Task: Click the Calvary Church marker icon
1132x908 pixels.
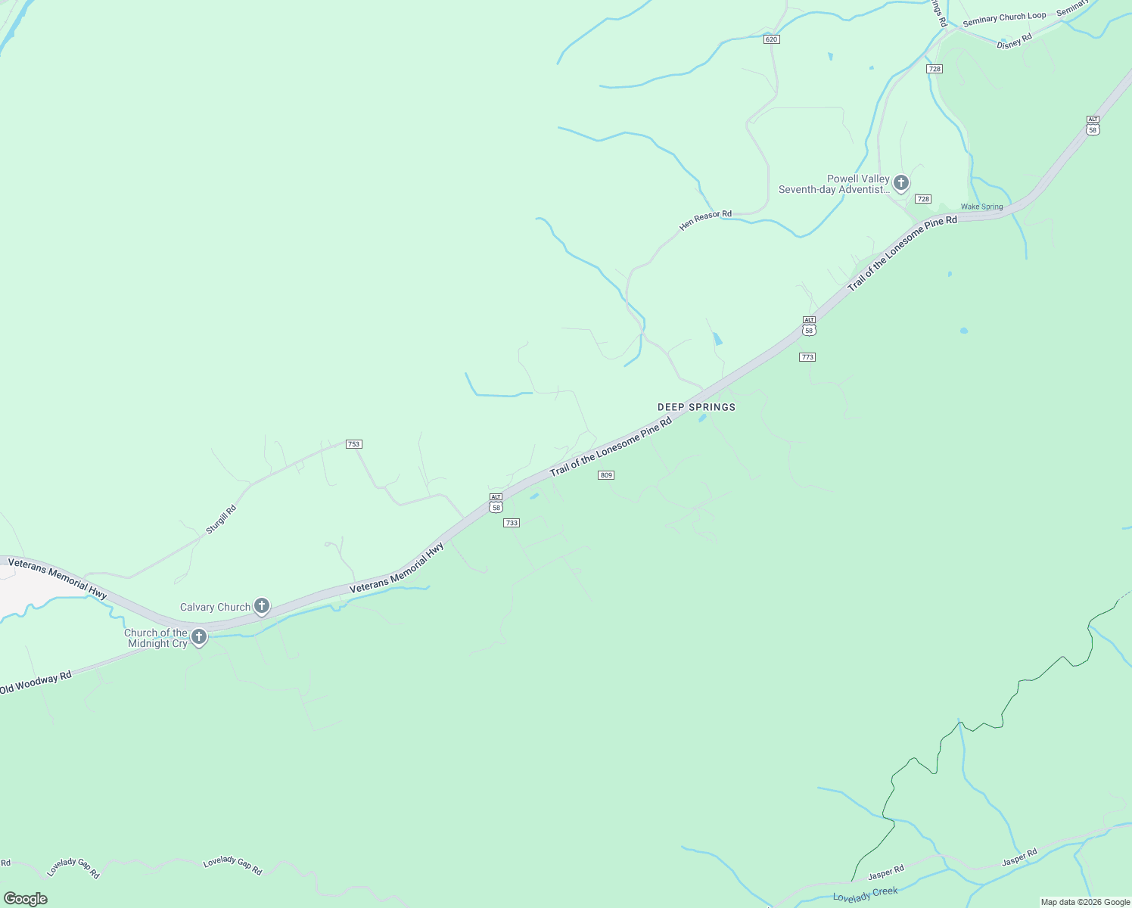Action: pyautogui.click(x=261, y=606)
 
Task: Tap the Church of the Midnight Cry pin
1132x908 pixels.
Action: pyautogui.click(x=199, y=637)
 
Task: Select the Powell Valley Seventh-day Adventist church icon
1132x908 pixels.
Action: pyautogui.click(x=900, y=182)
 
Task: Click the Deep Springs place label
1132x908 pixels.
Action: pyautogui.click(x=696, y=407)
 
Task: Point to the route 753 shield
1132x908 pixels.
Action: pyautogui.click(x=353, y=444)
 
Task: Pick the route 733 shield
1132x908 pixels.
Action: pyautogui.click(x=512, y=523)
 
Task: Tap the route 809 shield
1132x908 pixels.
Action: pyautogui.click(x=605, y=475)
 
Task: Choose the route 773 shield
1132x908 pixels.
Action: pyautogui.click(x=807, y=357)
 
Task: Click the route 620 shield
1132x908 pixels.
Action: pyautogui.click(x=771, y=39)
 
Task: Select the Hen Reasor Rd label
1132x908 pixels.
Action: pyautogui.click(x=705, y=219)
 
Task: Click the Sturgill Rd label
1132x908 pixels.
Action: pyautogui.click(x=221, y=520)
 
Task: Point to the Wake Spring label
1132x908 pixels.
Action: pyautogui.click(x=981, y=207)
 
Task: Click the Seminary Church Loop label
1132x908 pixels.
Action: pyautogui.click(x=1004, y=18)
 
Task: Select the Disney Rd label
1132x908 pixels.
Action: pyautogui.click(x=1014, y=42)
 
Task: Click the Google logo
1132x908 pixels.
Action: pyautogui.click(x=25, y=899)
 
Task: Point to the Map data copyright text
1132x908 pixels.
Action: pyautogui.click(x=1084, y=902)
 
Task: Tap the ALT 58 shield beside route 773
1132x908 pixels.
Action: pyautogui.click(x=809, y=326)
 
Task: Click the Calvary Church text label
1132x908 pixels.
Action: pyautogui.click(x=215, y=607)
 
